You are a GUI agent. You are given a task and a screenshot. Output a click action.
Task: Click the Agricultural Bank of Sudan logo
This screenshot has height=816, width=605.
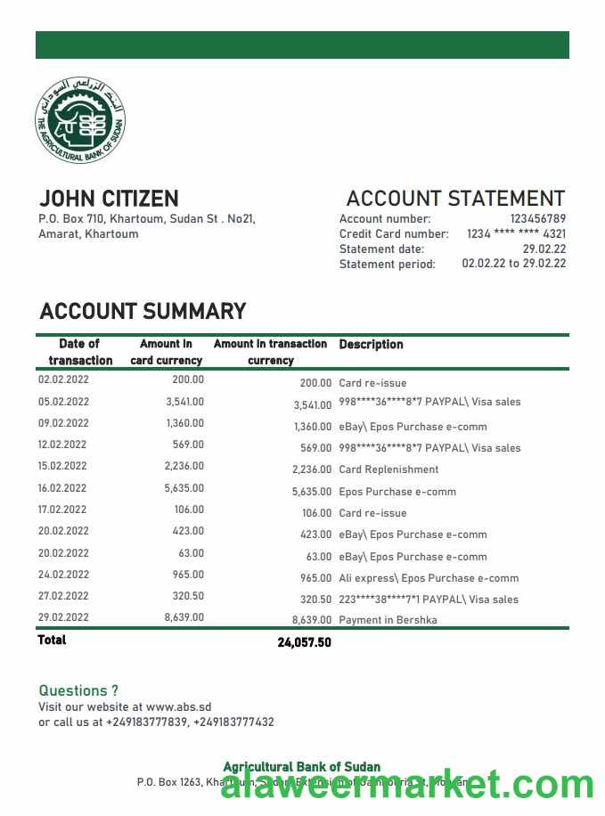pos(81,120)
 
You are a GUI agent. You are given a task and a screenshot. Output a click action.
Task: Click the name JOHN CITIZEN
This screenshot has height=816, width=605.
pos(109,199)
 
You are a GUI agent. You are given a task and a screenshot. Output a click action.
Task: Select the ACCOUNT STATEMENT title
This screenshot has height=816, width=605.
pos(455,199)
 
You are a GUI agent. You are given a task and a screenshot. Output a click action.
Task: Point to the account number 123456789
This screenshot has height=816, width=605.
pos(537,219)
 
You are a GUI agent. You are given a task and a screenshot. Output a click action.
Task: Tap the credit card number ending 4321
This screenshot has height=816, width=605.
pos(516,234)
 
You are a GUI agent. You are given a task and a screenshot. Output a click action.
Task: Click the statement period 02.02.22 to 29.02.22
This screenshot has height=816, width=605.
pos(513,264)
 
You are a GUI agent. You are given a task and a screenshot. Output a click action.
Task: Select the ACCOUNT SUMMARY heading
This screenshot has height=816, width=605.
pos(143,312)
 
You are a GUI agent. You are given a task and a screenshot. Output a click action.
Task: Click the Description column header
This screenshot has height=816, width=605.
pos(371,345)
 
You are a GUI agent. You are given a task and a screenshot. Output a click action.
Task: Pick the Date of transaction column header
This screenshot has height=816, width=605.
pos(80,352)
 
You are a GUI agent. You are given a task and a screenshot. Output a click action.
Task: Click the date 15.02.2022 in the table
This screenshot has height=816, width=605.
pos(63,466)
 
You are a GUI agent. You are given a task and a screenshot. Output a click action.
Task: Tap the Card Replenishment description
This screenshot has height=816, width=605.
pos(388,469)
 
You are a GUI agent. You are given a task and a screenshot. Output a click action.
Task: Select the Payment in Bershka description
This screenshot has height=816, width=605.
pos(388,620)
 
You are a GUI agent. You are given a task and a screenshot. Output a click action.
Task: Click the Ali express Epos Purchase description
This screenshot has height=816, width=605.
pos(429,578)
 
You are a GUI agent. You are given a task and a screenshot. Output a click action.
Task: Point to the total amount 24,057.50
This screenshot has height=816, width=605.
pos(304,642)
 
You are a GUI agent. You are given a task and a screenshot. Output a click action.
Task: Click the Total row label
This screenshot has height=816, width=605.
pos(52,641)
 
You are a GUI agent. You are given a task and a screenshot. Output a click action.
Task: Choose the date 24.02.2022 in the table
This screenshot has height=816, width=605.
pos(63,575)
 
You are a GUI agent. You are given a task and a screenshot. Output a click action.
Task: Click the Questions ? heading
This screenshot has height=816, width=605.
pos(78,690)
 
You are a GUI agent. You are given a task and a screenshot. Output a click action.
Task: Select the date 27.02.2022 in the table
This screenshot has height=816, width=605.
pos(63,596)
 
